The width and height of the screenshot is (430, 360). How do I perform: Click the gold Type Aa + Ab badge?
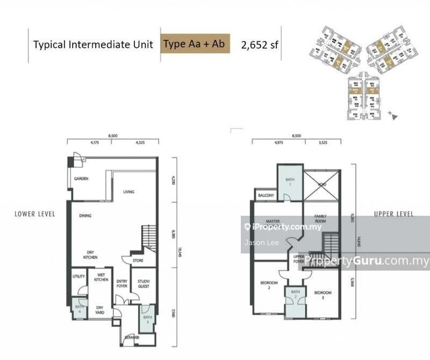point(195,44)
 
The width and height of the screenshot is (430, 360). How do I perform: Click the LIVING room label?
point(128,192)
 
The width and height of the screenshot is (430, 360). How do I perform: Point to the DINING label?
point(85,216)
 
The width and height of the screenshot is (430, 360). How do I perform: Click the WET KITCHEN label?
point(101,278)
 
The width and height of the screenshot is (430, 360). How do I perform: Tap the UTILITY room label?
point(78,277)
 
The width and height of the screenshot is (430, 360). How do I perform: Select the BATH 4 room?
point(79,309)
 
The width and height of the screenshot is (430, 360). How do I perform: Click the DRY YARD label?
point(101,309)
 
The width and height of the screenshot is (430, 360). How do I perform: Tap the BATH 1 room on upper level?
point(290,182)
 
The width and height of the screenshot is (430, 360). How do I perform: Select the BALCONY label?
point(266,195)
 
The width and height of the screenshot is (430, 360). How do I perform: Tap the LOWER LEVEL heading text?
point(35,214)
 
